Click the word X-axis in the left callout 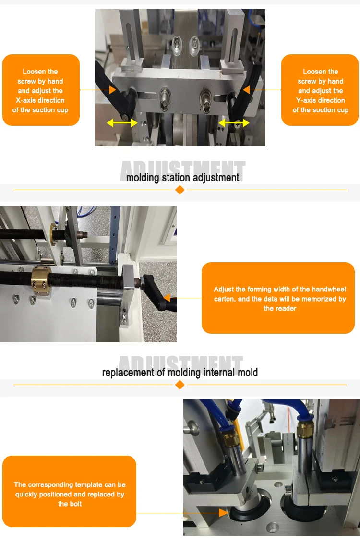tap(27, 100)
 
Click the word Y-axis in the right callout tap(308, 100)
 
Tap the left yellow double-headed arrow tap(122, 123)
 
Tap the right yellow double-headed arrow tap(234, 123)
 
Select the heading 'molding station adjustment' tap(182, 178)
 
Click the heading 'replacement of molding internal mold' tap(180, 373)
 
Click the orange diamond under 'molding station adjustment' tap(180, 190)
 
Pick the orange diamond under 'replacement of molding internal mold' tap(180, 385)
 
